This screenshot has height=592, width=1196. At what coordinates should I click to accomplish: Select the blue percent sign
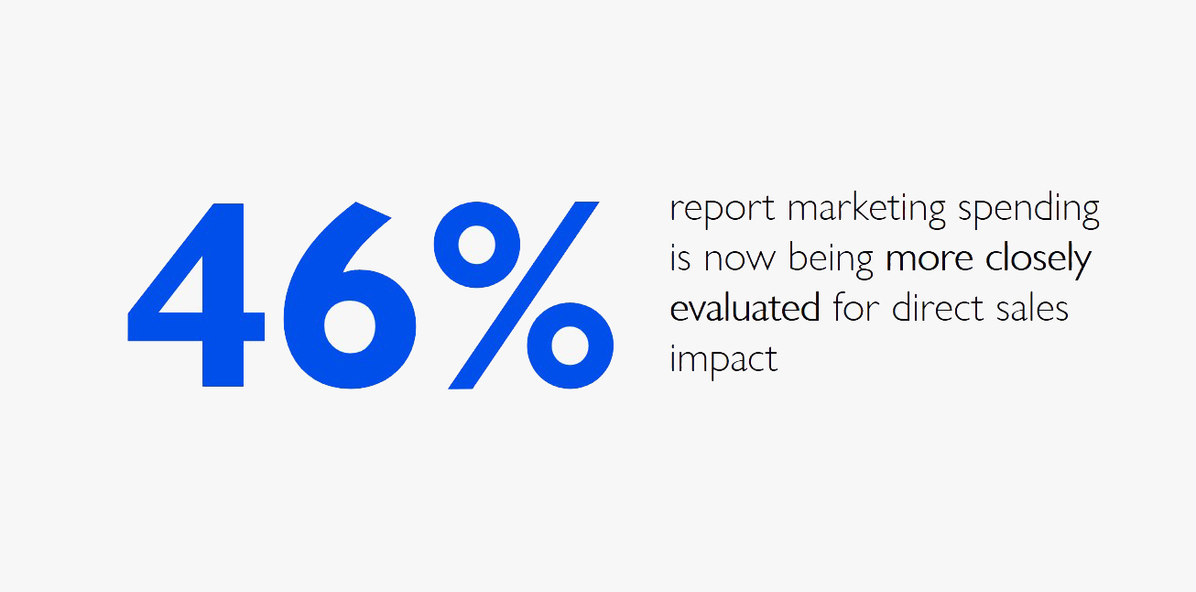click(x=523, y=295)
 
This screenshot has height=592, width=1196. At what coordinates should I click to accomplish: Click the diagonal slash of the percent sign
click(x=523, y=295)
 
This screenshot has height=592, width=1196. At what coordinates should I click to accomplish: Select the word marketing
click(x=866, y=208)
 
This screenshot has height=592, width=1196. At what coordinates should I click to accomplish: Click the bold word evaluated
click(x=745, y=308)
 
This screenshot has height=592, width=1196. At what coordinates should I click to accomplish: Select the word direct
click(x=938, y=308)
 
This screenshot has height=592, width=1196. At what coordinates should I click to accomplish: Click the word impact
click(x=724, y=360)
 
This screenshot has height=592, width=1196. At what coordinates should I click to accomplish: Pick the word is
click(x=680, y=258)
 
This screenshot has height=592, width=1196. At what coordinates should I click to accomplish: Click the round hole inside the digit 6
click(x=350, y=326)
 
